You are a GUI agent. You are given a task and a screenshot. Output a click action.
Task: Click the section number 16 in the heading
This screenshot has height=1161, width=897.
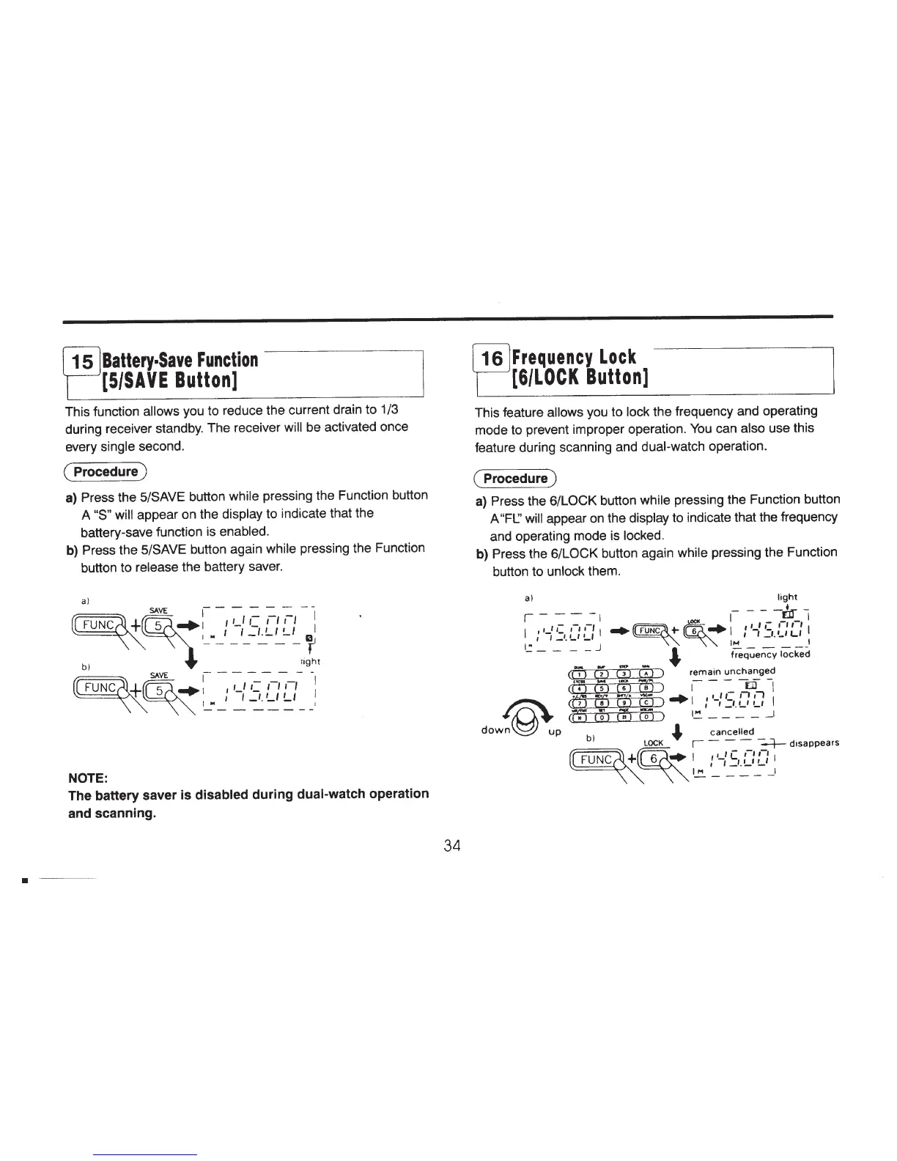pyautogui.click(x=492, y=360)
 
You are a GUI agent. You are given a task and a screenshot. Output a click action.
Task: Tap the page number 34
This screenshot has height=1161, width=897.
pyautogui.click(x=451, y=845)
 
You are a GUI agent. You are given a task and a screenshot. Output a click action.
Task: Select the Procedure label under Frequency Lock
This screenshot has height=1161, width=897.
pyautogui.click(x=516, y=479)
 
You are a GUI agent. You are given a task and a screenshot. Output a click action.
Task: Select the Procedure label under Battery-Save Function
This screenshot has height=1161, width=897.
pyautogui.click(x=106, y=471)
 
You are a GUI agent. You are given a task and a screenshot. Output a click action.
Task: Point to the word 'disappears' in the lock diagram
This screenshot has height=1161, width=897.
pyautogui.click(x=813, y=742)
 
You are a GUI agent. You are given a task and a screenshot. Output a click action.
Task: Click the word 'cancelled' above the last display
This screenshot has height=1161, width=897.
pyautogui.click(x=731, y=731)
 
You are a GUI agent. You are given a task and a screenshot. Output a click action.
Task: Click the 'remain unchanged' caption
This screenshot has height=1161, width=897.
pyautogui.click(x=732, y=671)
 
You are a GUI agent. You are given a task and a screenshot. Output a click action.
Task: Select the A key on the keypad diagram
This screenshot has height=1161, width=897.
pyautogui.click(x=645, y=674)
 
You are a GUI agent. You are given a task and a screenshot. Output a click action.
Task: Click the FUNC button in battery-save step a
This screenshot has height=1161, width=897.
pyautogui.click(x=97, y=625)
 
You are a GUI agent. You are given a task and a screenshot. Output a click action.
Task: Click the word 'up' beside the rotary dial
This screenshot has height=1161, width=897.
pyautogui.click(x=555, y=731)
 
